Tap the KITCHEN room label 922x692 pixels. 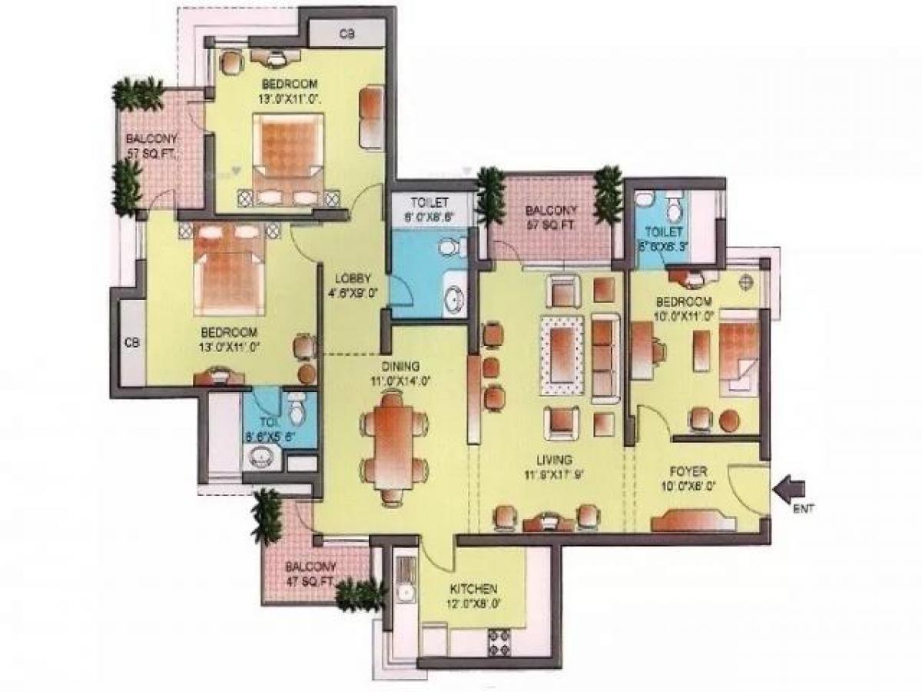tap(473, 589)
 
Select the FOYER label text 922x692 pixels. tap(688, 471)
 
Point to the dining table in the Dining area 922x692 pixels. tap(394, 445)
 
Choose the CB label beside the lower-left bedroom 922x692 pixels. tap(131, 343)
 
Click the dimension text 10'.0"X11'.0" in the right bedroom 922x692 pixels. tap(683, 314)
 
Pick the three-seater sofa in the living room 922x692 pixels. tap(605, 358)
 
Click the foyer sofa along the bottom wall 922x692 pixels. tap(694, 522)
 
